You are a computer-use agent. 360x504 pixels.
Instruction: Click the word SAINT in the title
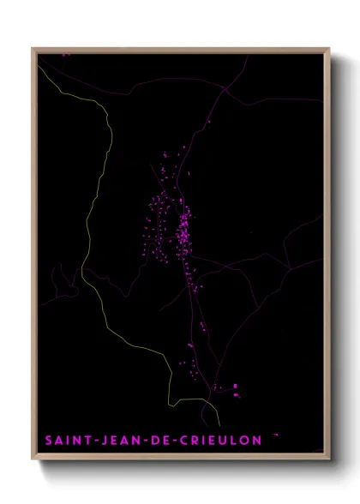pos(66,440)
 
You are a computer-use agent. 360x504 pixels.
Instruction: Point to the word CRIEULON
pos(218,440)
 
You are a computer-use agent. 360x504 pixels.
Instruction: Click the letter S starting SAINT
pos(48,440)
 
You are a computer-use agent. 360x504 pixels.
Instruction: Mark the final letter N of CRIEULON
pos(257,440)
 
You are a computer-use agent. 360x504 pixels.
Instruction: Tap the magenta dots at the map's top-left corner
pos(64,55)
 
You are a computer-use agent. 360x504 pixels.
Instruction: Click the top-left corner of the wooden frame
pos(33,48)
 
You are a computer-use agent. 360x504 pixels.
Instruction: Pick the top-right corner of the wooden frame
pos(330,48)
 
